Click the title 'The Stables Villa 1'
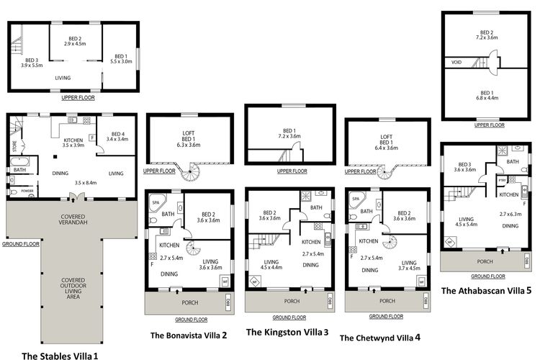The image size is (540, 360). point(59,356)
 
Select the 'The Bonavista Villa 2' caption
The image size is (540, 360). point(189,335)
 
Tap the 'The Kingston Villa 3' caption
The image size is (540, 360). point(287,332)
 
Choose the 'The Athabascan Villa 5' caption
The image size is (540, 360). point(486,291)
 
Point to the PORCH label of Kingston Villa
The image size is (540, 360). point(291,301)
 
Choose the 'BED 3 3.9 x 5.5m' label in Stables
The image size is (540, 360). point(30,63)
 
